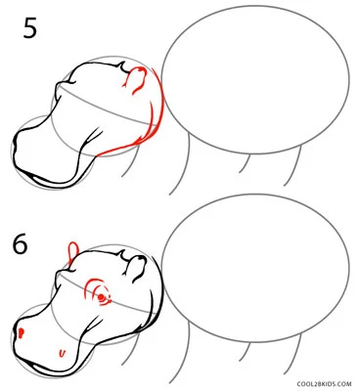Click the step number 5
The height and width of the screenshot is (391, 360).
30,28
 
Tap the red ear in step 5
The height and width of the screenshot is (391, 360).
134,80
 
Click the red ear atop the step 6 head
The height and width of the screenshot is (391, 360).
72,251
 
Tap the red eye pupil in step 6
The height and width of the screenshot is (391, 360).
102,297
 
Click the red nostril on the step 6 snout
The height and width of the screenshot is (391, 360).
22,332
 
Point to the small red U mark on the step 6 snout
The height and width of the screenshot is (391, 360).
62,353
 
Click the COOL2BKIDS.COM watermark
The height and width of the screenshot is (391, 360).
324,384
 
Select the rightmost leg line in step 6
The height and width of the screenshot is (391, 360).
295,355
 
